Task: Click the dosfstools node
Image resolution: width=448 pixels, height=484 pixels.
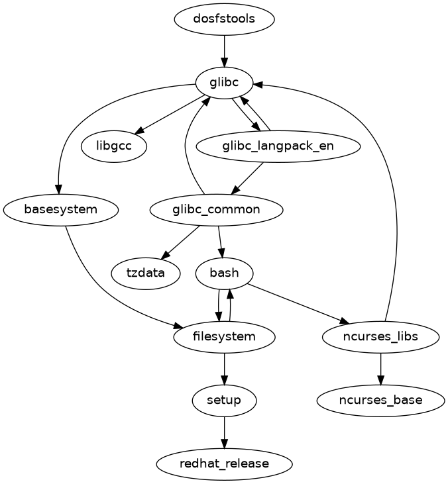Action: tap(224, 19)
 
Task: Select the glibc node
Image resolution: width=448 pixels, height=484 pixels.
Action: tap(224, 83)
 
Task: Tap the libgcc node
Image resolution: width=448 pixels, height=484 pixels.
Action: tap(114, 146)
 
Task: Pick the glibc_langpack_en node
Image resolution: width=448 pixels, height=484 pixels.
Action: tap(278, 146)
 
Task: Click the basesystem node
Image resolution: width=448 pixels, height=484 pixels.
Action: tap(61, 210)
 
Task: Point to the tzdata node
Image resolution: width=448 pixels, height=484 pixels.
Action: tap(146, 273)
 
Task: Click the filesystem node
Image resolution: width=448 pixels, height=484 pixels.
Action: tap(224, 336)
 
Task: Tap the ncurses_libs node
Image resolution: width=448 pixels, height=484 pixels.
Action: tap(380, 336)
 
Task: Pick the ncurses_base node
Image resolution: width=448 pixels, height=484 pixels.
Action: tap(380, 400)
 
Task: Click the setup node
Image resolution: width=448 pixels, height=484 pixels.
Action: tap(224, 400)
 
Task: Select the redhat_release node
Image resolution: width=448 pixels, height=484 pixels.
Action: tap(224, 463)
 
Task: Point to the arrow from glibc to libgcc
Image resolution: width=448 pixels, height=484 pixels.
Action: tap(170, 115)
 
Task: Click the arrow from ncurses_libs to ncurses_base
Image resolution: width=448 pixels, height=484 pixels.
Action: tap(380, 368)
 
